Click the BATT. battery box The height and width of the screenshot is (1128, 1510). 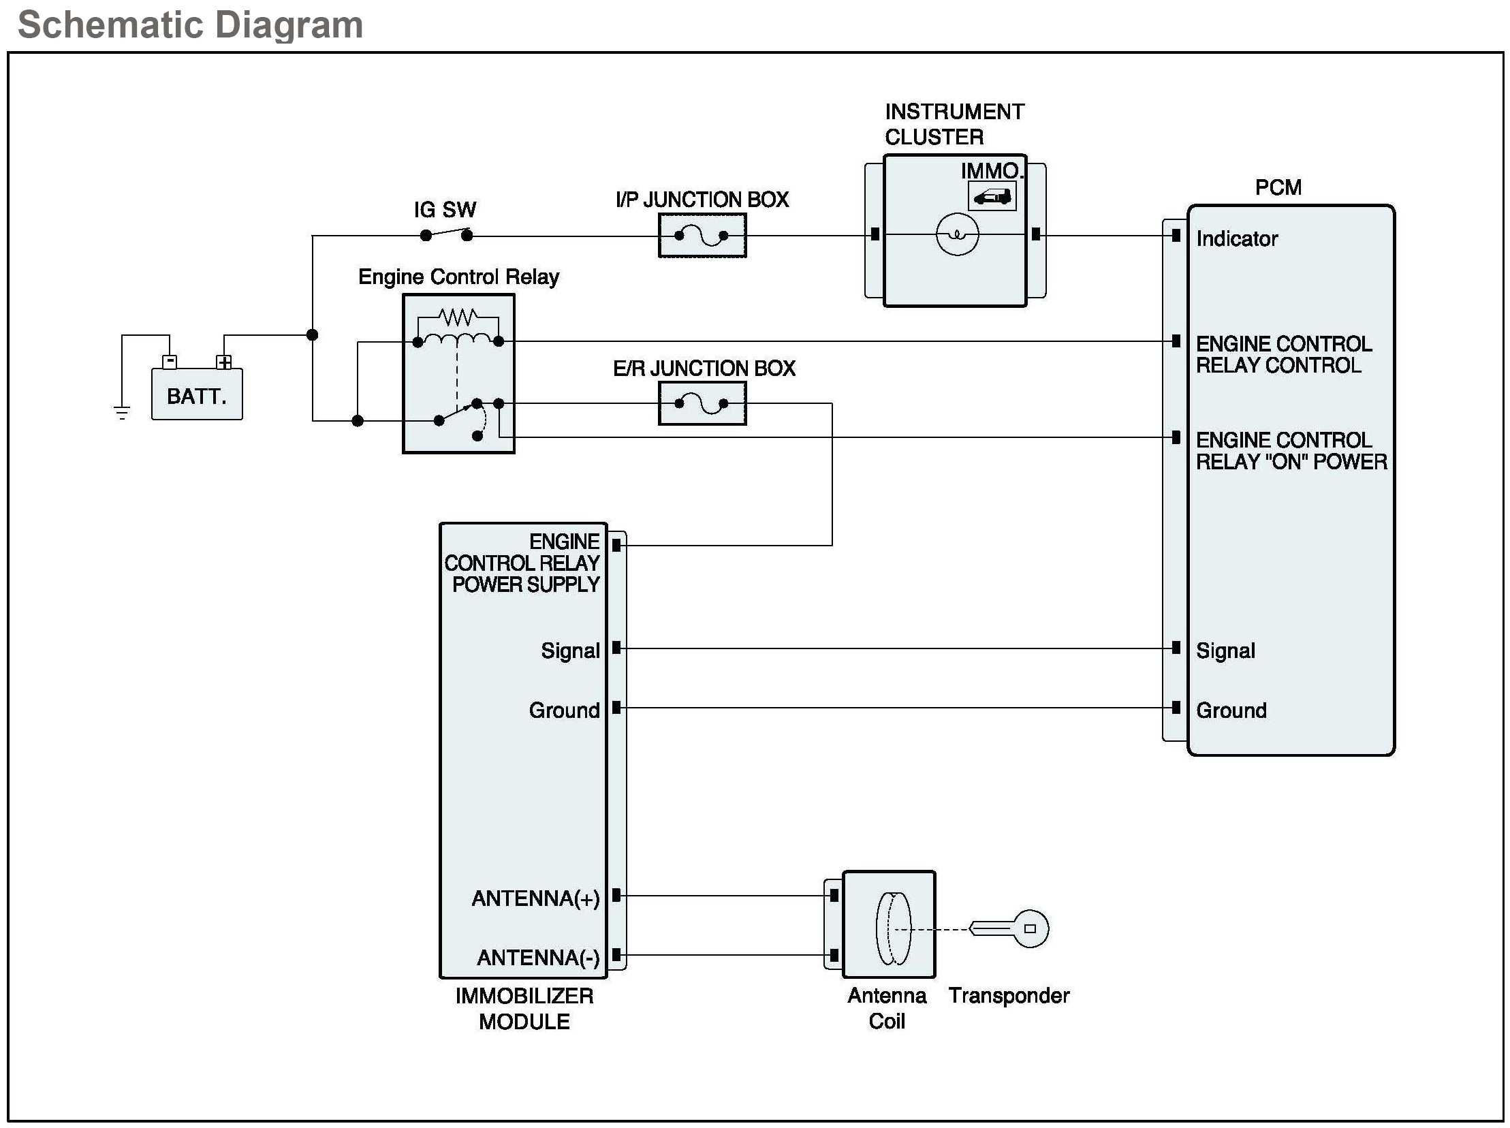(x=197, y=394)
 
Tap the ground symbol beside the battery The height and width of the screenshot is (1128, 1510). (x=122, y=412)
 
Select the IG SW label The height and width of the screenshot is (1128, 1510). (x=445, y=210)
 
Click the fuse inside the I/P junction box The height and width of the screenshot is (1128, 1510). (x=702, y=236)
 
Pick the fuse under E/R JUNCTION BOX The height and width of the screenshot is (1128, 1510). (x=702, y=403)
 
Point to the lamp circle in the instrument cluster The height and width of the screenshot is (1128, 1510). (x=957, y=234)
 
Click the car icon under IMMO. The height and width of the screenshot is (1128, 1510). (x=992, y=197)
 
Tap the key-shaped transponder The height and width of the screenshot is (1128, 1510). (x=1009, y=928)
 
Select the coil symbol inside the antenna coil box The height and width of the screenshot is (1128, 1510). (x=893, y=928)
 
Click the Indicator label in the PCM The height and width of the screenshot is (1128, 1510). (x=1236, y=238)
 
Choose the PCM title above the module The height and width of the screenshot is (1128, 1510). (x=1278, y=187)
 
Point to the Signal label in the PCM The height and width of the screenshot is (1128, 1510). (x=1225, y=651)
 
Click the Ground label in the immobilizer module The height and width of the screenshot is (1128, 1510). (x=564, y=710)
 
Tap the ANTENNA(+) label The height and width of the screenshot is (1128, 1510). (x=535, y=898)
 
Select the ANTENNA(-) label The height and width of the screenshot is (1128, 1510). (x=538, y=958)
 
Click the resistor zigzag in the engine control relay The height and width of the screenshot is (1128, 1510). (x=458, y=317)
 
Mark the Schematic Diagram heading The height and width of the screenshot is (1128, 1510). (x=191, y=25)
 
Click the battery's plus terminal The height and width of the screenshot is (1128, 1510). (x=224, y=362)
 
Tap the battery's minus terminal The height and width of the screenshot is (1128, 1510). (x=170, y=362)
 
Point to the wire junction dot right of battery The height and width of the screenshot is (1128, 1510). (x=312, y=334)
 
